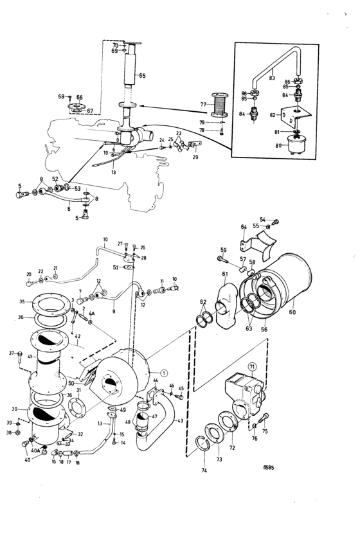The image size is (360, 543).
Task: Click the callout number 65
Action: point(142,76)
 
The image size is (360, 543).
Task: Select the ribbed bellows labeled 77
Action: point(222,104)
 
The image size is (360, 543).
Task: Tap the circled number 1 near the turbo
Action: point(164,372)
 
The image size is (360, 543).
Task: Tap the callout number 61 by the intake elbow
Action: point(225,274)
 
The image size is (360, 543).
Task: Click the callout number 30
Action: point(14,409)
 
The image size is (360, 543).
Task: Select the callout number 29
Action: point(194,157)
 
